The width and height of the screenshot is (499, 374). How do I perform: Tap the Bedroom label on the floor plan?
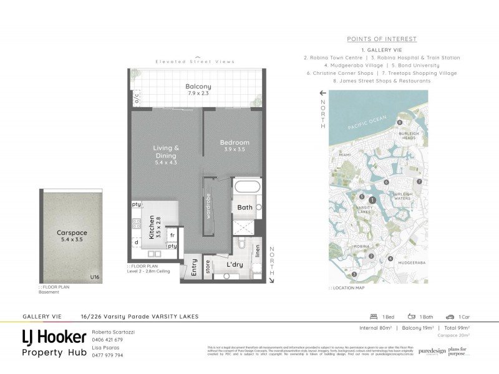click(x=235, y=143)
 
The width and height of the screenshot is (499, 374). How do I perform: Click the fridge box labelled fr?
click(x=172, y=235)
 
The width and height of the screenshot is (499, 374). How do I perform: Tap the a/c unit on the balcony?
click(x=137, y=98)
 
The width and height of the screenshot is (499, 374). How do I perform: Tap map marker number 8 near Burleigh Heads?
click(x=399, y=123)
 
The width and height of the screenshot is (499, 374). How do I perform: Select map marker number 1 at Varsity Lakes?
click(x=372, y=200)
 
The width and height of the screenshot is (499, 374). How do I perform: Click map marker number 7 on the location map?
click(x=420, y=181)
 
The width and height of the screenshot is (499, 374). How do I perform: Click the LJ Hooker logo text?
click(x=54, y=337)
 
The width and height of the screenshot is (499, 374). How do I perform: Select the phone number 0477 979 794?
click(x=107, y=355)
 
